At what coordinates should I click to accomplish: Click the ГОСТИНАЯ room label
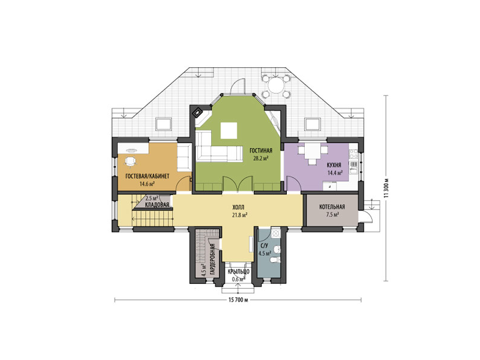261,151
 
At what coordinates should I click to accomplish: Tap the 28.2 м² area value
261,158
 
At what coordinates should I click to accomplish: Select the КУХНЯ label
334,166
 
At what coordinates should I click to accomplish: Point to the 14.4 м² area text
335,173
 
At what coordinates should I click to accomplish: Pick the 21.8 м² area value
240,215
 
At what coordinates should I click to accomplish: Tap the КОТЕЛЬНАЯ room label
332,207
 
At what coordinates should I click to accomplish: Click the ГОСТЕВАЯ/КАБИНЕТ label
147,176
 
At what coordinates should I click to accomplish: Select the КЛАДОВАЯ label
157,205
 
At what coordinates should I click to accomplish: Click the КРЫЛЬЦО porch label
239,272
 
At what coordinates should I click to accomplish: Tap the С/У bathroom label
264,245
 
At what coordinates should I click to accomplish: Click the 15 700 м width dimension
238,300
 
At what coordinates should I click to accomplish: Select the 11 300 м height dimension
386,188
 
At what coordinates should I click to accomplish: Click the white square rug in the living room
229,130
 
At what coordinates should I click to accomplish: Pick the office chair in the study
130,161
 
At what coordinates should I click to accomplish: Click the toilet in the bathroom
275,260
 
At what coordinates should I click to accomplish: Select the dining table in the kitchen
312,151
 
